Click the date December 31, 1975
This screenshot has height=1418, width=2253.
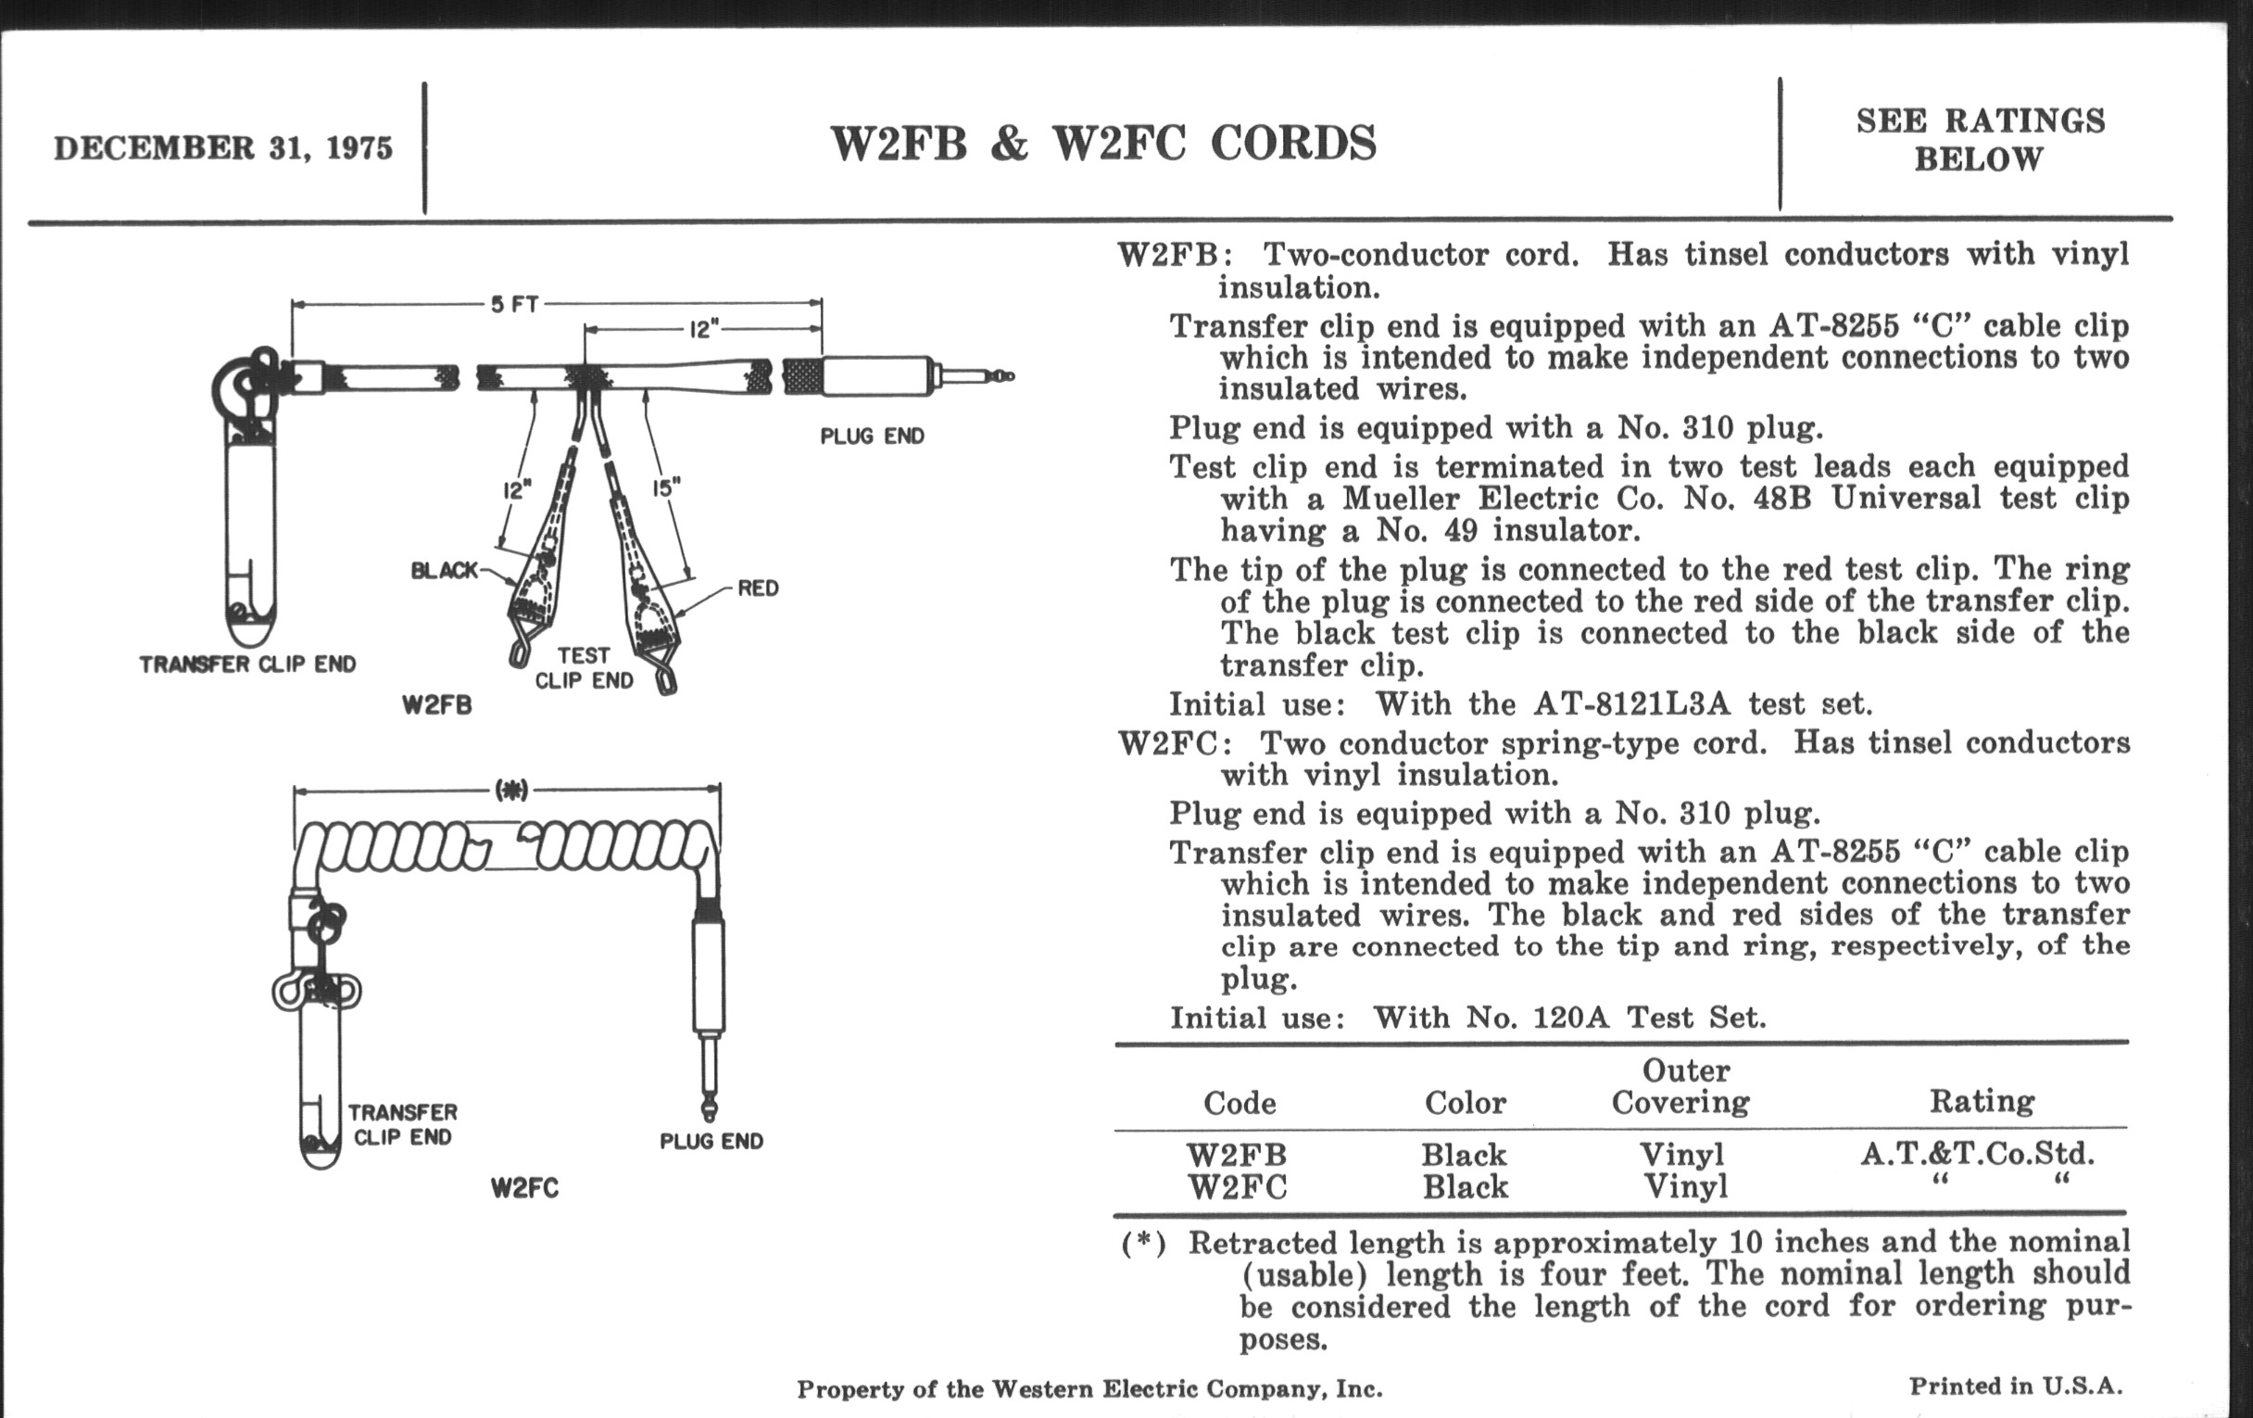point(222,149)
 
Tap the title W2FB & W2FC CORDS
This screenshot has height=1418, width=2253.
point(1103,145)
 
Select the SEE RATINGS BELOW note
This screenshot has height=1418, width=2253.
point(1980,139)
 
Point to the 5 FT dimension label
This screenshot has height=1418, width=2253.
point(514,304)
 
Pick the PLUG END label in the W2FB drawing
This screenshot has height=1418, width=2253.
point(872,437)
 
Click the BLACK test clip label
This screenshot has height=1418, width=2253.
point(445,570)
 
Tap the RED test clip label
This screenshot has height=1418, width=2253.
point(758,589)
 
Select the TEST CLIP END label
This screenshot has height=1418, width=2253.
point(584,668)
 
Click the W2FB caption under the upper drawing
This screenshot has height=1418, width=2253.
point(437,704)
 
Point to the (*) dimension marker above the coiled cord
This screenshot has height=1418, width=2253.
point(510,791)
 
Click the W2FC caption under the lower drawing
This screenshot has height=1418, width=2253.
point(524,1189)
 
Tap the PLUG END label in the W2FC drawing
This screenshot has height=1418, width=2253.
point(711,1141)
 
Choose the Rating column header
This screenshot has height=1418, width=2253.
point(1982,1102)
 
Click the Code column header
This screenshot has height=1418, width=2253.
point(1239,1104)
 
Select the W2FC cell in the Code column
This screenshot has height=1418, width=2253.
point(1237,1187)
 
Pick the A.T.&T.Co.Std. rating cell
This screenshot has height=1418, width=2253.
point(1977,1153)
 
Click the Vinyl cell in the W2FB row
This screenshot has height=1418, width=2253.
point(1681,1154)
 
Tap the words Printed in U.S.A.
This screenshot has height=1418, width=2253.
point(2015,1386)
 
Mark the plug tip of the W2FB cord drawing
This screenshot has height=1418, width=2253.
point(1005,376)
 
